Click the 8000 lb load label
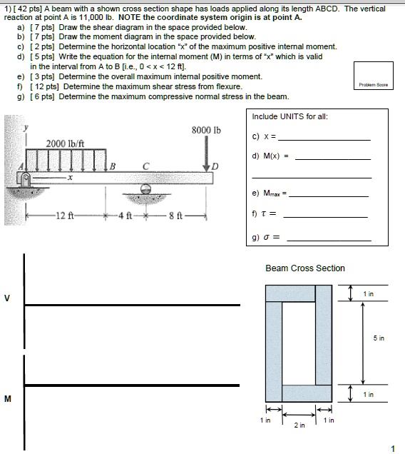207,130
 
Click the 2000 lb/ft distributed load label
65,143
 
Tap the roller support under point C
147,191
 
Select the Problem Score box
373,75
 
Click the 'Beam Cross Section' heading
304,268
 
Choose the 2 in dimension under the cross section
299,425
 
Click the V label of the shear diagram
7,298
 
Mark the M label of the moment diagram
7,399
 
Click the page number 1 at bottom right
391,448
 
